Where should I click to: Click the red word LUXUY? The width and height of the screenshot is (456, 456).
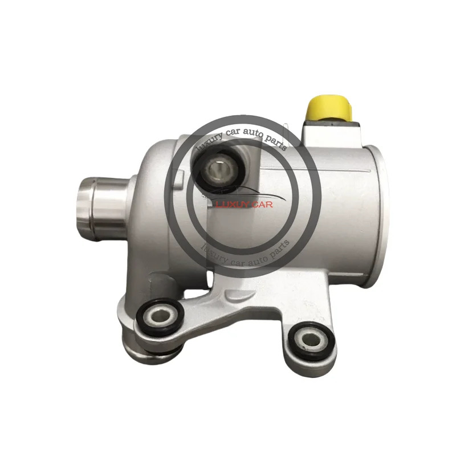point(232,205)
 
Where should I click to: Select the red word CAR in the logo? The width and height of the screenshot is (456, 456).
point(262,205)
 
